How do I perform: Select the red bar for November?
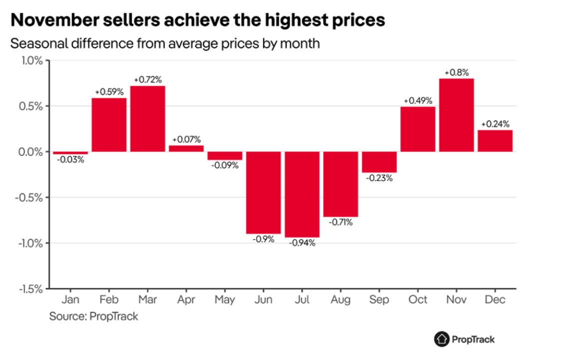[456, 115]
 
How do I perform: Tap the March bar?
[147, 119]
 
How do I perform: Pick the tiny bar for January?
[70, 152]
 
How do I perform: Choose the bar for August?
[340, 184]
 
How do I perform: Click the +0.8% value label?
[457, 72]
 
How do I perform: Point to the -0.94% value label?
[302, 243]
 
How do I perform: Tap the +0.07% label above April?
[186, 139]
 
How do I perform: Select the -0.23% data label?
[379, 178]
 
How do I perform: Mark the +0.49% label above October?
[418, 100]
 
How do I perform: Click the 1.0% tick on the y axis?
[31, 60]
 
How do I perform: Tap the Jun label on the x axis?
[263, 299]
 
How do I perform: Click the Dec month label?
[495, 299]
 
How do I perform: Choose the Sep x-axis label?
[379, 299]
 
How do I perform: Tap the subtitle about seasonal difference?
[165, 43]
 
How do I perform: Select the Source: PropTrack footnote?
[93, 316]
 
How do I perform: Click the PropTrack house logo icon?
[442, 339]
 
